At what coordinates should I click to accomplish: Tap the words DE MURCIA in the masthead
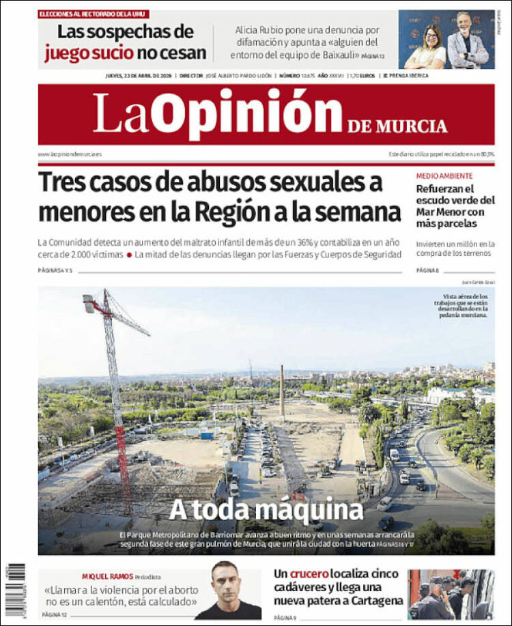[397, 126]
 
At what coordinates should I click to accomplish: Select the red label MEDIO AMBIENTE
[444, 175]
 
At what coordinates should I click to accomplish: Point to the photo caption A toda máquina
[266, 509]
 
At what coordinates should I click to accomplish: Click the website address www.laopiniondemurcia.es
[70, 154]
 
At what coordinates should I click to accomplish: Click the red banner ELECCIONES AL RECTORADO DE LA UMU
[94, 14]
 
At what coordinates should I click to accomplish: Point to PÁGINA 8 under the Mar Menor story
[427, 271]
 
